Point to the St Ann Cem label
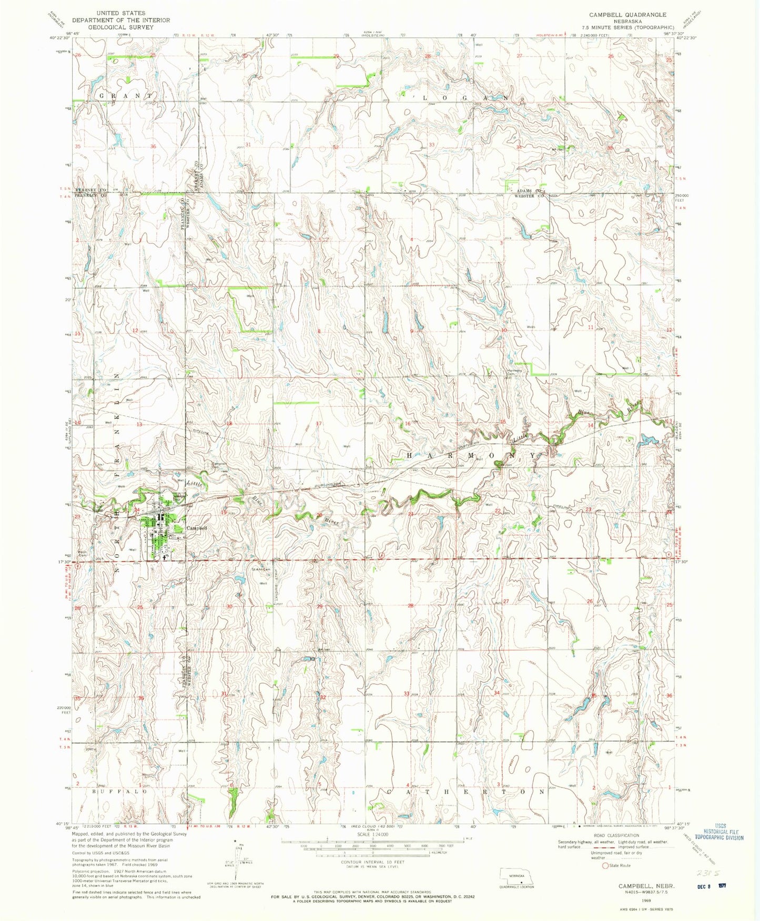click(x=260, y=569)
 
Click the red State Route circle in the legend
click(x=605, y=865)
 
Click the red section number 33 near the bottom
click(x=406, y=693)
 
